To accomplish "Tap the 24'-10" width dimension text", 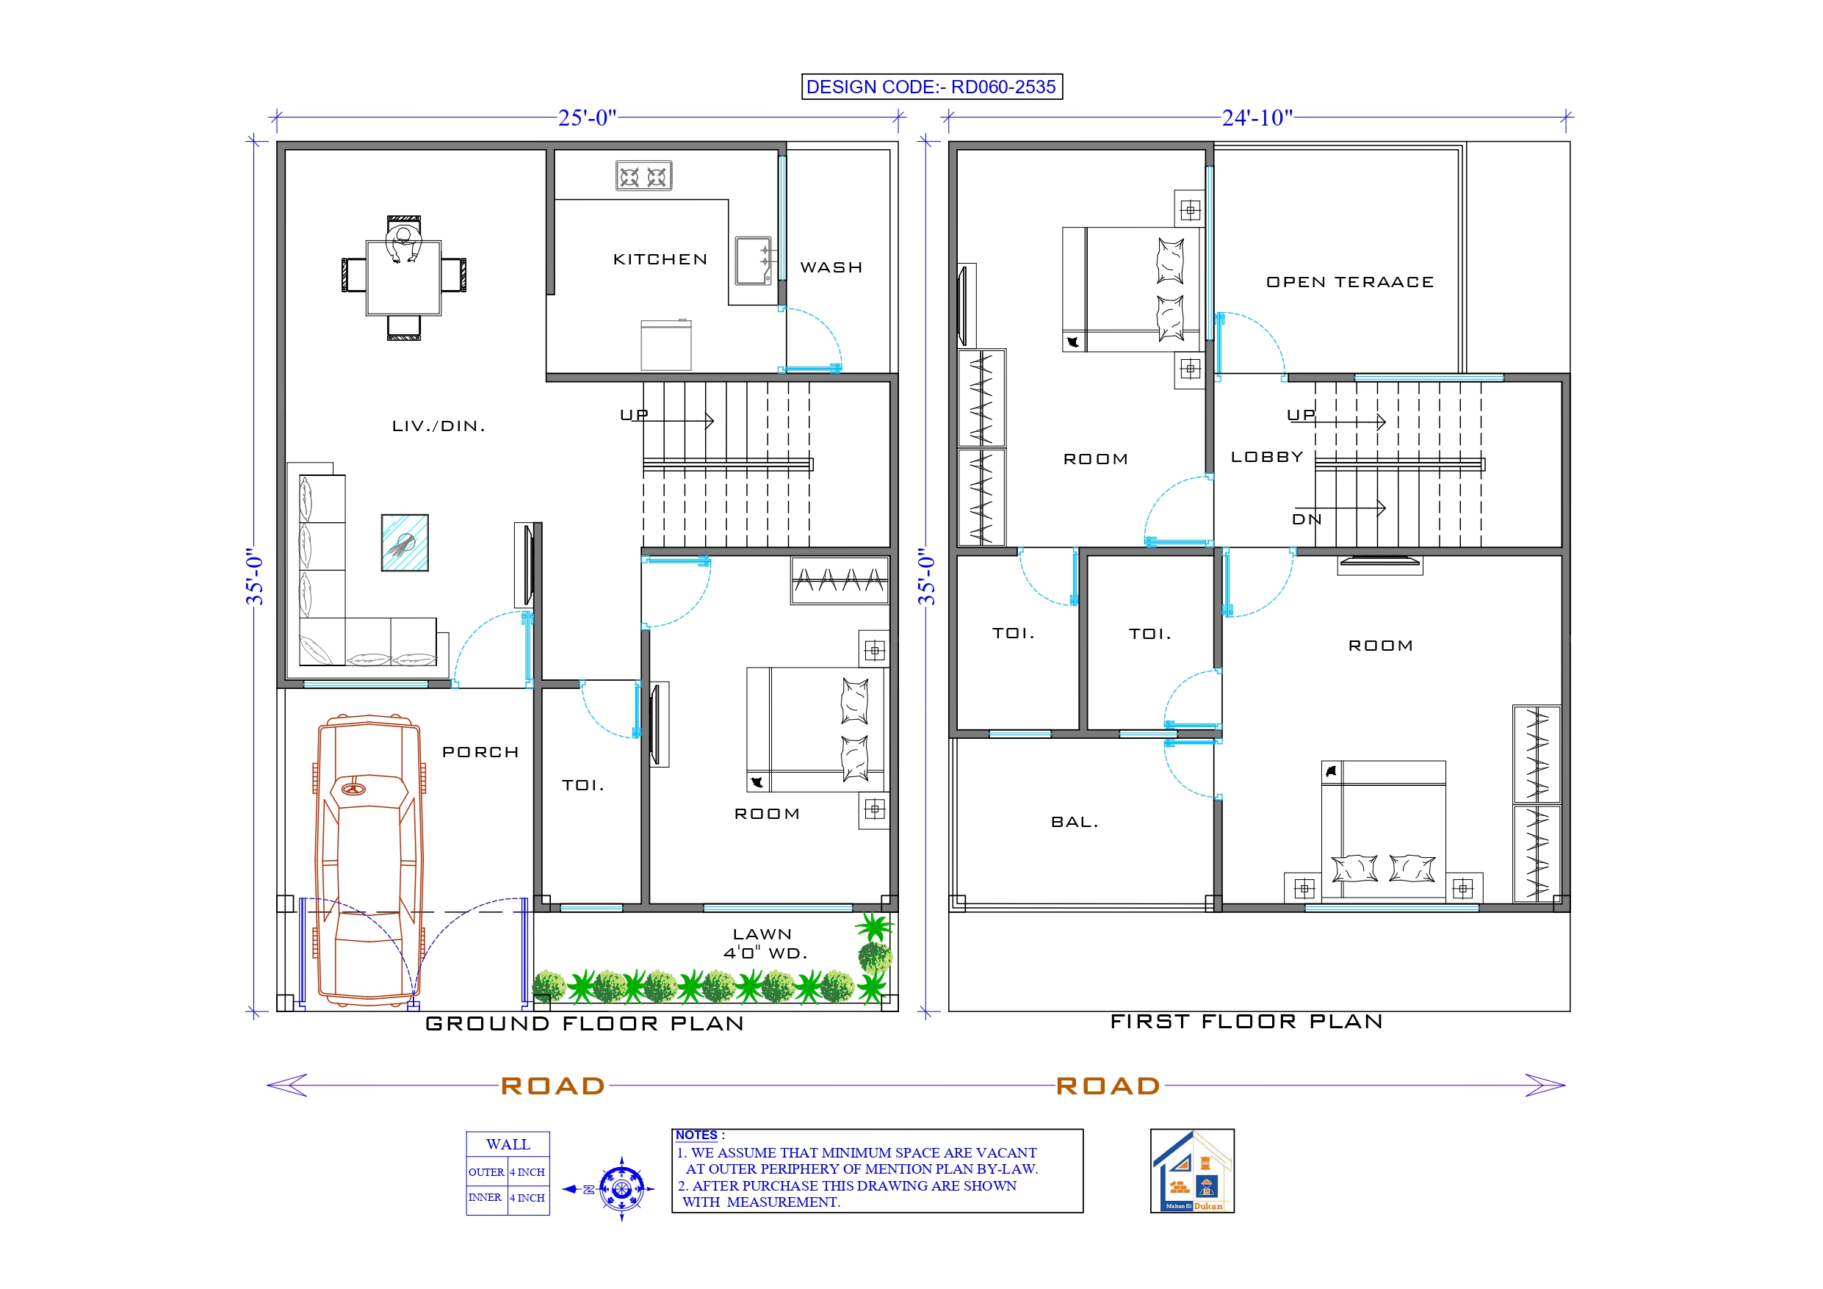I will pos(1257,118).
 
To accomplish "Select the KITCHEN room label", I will pos(660,260).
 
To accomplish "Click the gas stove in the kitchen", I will pos(643,176).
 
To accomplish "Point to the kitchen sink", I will pos(752,260).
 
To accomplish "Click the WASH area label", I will pos(831,267).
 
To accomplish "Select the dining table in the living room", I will pos(403,278).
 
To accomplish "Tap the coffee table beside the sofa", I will pos(405,543).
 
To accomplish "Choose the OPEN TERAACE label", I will pos(1350,282).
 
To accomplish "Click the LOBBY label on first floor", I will pos(1266,457).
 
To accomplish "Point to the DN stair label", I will pos(1306,519).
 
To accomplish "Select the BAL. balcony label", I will pos(1075,822).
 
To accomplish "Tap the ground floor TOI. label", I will pos(582,785).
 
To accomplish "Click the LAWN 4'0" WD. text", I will pos(764,944).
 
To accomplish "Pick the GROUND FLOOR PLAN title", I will pos(585,1023).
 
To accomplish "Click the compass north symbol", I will pos(621,1189).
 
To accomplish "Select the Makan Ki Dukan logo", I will pos(1192,1171).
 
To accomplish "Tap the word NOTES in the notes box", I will pos(696,1135).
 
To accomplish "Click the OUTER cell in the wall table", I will pos(486,1172).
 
